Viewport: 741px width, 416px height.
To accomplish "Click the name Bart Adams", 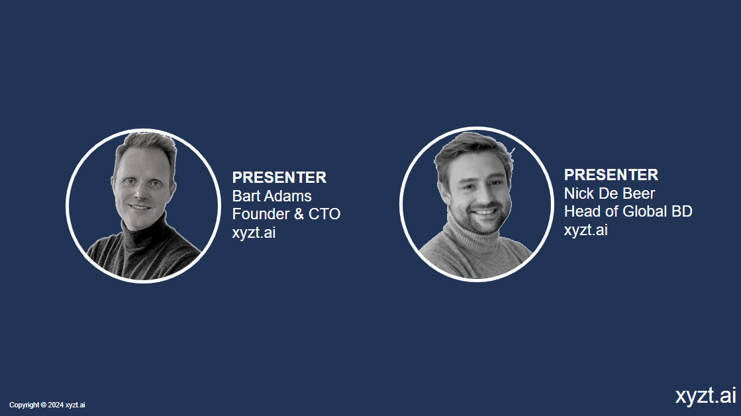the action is coord(272,195).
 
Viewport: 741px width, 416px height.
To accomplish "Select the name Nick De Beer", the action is coord(609,193).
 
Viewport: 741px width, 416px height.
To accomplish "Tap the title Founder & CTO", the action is coord(286,214).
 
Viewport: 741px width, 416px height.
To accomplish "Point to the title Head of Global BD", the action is coord(628,211).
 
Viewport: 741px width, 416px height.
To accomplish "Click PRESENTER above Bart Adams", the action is coord(279,178).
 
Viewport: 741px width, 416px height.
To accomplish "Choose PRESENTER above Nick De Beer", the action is coord(611,175).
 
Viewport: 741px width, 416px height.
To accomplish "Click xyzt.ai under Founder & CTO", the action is coord(254,233).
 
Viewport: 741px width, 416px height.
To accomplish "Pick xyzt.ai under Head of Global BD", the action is coord(586,230).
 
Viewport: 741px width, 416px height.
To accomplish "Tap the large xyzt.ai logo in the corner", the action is coord(705,395).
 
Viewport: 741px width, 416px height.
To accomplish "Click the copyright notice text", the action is coord(47,405).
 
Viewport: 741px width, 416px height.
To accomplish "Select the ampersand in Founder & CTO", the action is coord(299,214).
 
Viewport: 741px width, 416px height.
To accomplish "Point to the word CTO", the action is coord(324,214).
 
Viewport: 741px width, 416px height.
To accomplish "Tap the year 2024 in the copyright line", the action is coord(56,405).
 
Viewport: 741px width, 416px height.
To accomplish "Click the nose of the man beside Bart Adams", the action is coord(139,191).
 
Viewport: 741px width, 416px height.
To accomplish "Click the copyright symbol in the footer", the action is coord(44,405).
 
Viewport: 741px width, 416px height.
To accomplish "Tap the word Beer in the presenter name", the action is coord(640,193).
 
